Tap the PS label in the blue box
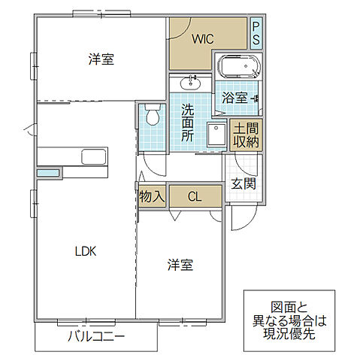click(256, 33)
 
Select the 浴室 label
click(234, 98)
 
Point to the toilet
click(153, 116)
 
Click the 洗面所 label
click(188, 123)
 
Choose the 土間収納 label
click(246, 135)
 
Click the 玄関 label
click(243, 184)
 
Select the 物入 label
click(152, 197)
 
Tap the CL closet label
click(195, 197)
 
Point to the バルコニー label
click(95, 336)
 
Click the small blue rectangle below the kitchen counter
click(48, 174)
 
